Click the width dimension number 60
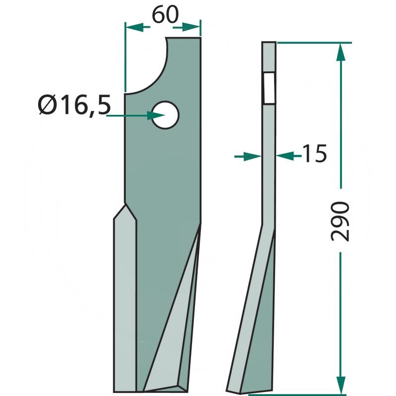click(x=165, y=15)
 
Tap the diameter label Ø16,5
click(x=74, y=105)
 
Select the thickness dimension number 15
click(x=314, y=153)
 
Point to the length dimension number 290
click(x=340, y=221)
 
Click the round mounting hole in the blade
click(x=165, y=115)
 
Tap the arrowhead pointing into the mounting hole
click(x=156, y=116)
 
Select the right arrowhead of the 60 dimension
click(x=191, y=27)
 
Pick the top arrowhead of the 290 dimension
click(x=341, y=52)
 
